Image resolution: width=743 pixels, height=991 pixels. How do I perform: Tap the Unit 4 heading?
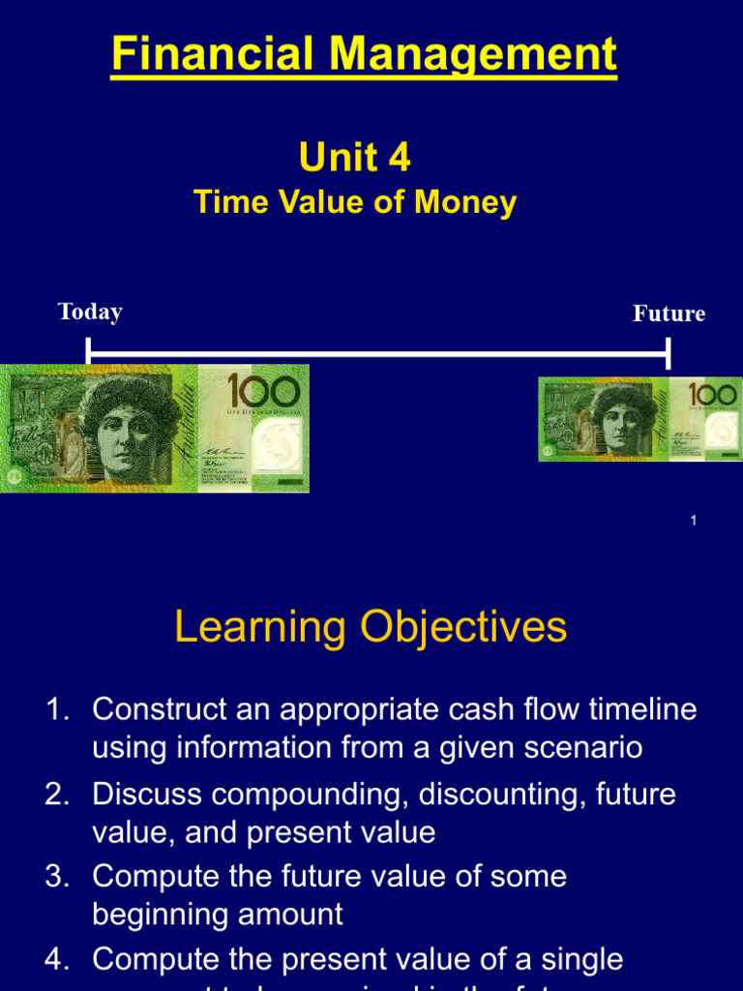[354, 158]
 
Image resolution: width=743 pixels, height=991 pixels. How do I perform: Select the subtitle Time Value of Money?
[355, 203]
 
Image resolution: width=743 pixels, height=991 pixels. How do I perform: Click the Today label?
[90, 312]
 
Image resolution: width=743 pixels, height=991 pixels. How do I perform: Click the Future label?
[669, 314]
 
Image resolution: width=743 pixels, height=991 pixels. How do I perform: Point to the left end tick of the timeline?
[88, 351]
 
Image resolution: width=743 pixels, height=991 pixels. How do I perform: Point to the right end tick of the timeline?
[668, 353]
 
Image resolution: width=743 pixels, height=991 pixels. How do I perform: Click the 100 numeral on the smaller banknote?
[714, 396]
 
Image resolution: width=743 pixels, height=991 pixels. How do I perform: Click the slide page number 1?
[694, 522]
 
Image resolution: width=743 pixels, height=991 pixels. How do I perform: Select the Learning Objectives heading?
[371, 627]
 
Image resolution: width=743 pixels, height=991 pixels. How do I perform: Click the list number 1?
[56, 709]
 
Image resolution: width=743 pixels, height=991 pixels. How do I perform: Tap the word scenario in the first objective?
[580, 748]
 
